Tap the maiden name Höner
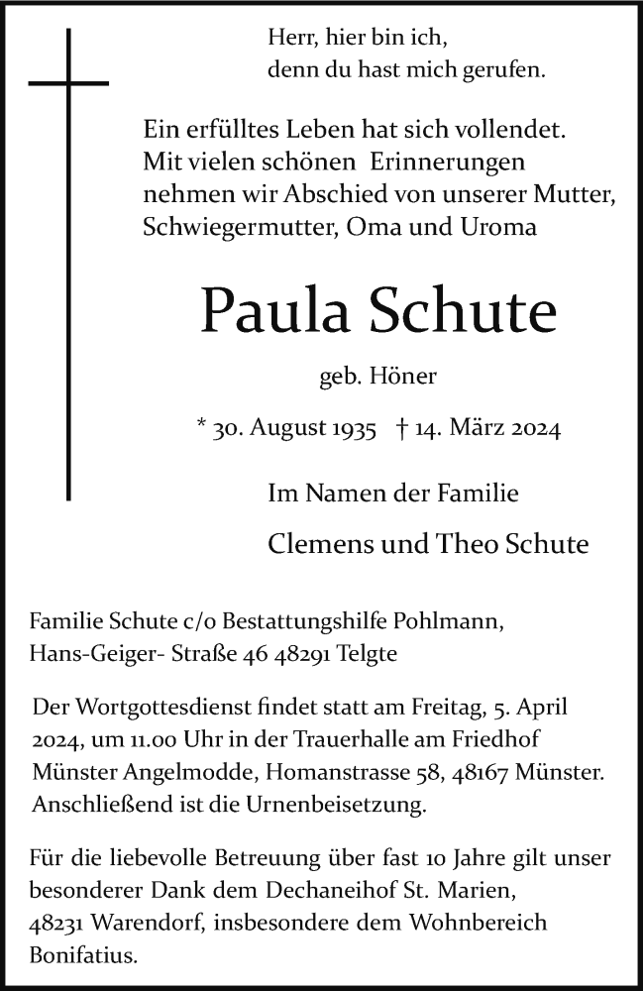(402, 376)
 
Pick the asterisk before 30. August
(202, 428)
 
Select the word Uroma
(500, 226)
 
